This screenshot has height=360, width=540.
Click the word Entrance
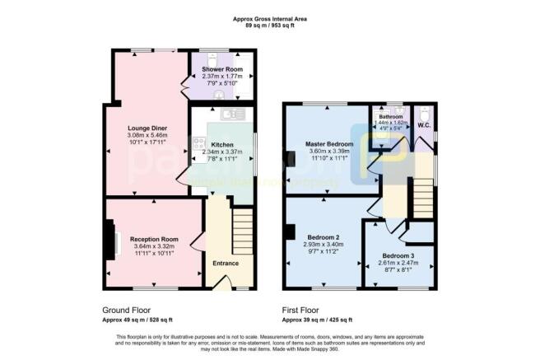(226, 263)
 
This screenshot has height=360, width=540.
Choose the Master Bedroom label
(328, 144)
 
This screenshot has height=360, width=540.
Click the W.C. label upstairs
(425, 125)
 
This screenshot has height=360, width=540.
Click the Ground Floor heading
(126, 311)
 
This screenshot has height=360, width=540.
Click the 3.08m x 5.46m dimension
(145, 135)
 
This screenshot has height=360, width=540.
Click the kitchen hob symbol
(199, 147)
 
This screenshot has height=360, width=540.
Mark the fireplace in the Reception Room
(110, 241)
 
